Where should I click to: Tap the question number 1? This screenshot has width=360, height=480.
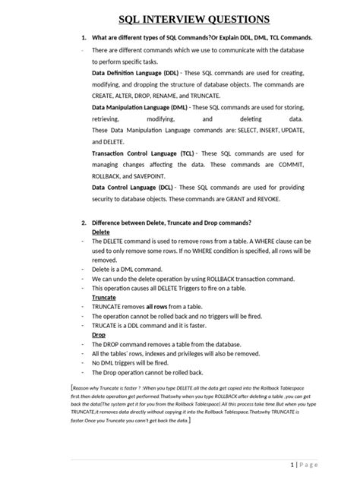click(x=83, y=38)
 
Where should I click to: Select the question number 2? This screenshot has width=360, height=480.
click(x=83, y=223)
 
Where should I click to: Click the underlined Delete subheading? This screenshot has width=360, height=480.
click(x=100, y=232)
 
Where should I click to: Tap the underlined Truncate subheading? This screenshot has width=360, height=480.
click(x=104, y=298)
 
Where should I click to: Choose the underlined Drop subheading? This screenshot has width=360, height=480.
click(x=99, y=334)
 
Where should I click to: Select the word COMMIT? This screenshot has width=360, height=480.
click(x=291, y=164)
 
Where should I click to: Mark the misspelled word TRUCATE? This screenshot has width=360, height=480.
click(x=106, y=325)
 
